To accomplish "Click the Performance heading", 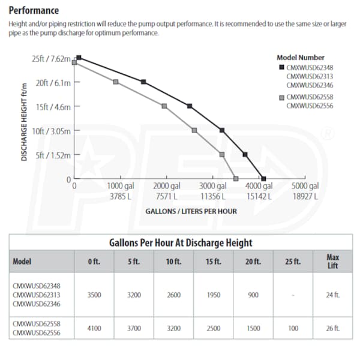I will (34, 10).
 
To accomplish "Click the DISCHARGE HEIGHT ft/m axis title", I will (25, 119).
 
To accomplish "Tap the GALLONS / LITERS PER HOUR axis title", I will (191, 211).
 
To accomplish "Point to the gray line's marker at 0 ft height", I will (235, 179).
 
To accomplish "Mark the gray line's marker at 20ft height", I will (116, 82).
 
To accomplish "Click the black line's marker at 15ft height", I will (190, 106).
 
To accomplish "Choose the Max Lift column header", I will (332, 262).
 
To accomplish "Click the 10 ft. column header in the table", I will (174, 262).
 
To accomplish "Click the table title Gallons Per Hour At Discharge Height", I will (181, 243).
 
